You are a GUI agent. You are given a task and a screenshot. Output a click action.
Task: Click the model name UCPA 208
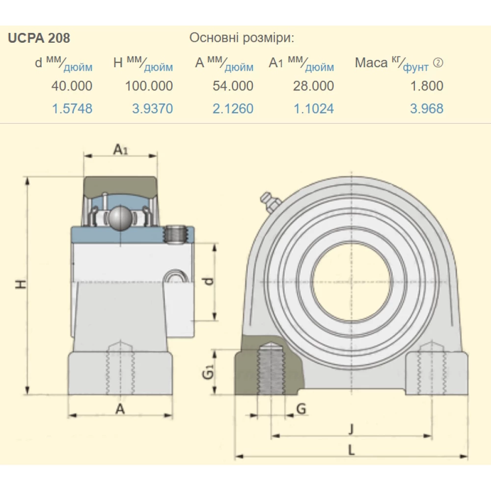click(39, 38)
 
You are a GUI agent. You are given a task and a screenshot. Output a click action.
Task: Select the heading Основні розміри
click(242, 38)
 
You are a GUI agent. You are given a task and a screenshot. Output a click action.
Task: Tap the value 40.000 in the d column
click(72, 86)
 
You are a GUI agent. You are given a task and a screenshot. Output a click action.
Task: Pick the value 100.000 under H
click(149, 86)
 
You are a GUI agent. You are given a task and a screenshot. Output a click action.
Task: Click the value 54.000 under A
click(233, 86)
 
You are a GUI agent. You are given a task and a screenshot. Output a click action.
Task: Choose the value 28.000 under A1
click(313, 86)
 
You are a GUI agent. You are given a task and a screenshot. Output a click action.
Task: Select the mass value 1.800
click(427, 86)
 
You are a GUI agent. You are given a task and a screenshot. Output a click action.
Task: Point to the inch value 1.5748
click(72, 109)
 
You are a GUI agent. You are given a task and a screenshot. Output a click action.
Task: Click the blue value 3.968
click(427, 109)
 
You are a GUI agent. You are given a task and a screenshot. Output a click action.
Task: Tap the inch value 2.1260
click(233, 109)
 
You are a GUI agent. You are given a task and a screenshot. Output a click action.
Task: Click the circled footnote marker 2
click(438, 63)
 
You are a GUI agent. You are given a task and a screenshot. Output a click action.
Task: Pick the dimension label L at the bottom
click(351, 450)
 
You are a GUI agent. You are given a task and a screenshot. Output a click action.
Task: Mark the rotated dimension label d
click(209, 281)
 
